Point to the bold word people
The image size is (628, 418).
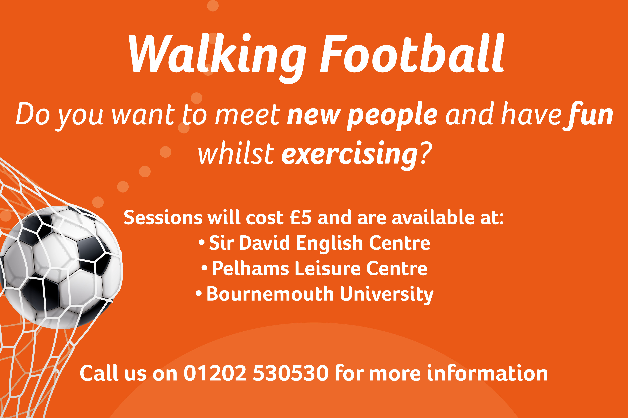pyautogui.click(x=392, y=117)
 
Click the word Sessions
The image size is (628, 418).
pyautogui.click(x=163, y=217)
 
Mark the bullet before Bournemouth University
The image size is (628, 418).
pyautogui.click(x=199, y=293)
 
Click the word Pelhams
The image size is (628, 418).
pyautogui.click(x=251, y=268)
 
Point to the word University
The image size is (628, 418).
pyautogui.click(x=387, y=295)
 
